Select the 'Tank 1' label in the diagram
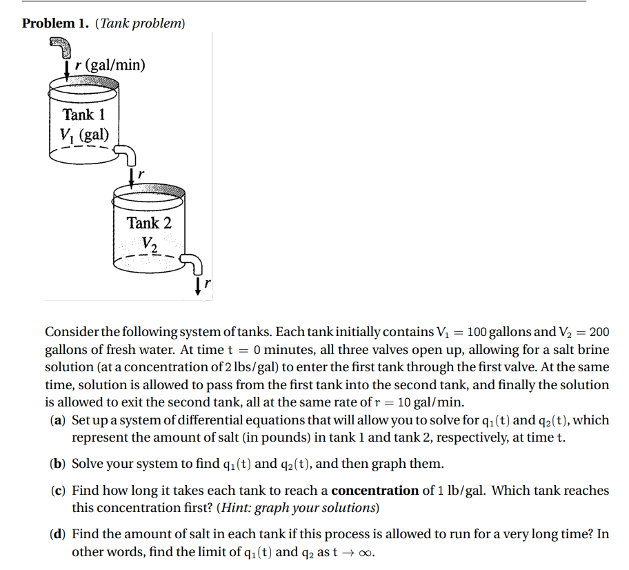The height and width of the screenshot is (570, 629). pos(83,115)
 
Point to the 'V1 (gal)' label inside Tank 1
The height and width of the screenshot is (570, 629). pos(84,134)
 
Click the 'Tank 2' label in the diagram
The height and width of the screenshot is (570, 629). pos(149,223)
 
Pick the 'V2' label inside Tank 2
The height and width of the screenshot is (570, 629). pos(150,243)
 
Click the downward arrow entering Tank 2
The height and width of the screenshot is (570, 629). pos(132,177)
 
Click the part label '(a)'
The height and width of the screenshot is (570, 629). pos(59,420)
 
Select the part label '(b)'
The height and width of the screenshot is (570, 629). pos(59,463)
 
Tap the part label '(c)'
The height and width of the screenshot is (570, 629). pos(59,491)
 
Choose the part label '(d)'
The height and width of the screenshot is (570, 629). pos(59,534)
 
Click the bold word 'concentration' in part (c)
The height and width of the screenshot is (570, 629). pos(375,491)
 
